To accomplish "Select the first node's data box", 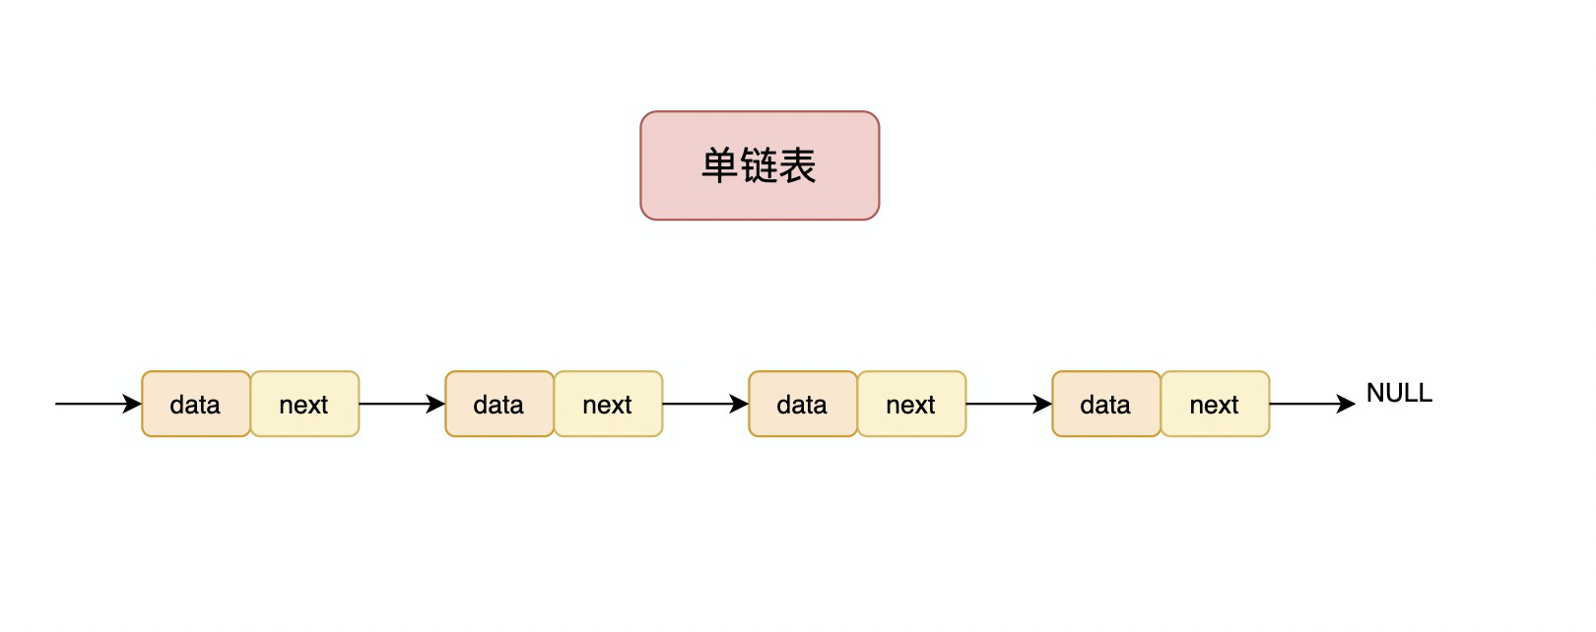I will [x=196, y=404].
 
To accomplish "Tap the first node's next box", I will [x=304, y=404].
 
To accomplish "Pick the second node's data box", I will [x=499, y=404].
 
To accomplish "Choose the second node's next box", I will [x=608, y=404].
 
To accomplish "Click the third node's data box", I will [x=803, y=404].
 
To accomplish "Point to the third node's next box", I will [x=911, y=404].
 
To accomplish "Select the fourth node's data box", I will [x=1106, y=404].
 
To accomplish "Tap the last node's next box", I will [x=1215, y=404].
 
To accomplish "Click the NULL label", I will [x=1399, y=393].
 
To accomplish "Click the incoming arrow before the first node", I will [x=94, y=404].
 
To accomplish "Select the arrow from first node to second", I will [x=398, y=404].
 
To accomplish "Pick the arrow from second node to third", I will [x=701, y=404].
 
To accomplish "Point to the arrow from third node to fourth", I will [x=1005, y=404].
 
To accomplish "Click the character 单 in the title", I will [x=720, y=165].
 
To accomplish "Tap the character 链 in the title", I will [x=759, y=165].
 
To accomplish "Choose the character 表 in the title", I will [x=797, y=165].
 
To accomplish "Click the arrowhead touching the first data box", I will [x=133, y=404].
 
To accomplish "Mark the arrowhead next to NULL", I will [x=1347, y=404].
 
